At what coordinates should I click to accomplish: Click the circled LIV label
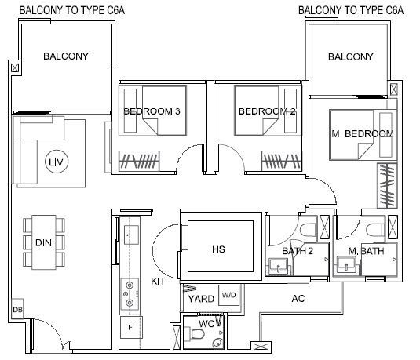pos(57,162)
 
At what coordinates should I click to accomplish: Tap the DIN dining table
pos(44,242)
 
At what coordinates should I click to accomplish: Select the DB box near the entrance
pos(18,309)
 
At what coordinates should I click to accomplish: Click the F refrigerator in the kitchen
pos(130,327)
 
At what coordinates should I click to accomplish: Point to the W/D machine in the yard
pos(229,295)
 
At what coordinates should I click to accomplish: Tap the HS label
pos(218,249)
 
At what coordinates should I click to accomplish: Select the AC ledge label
pos(298,299)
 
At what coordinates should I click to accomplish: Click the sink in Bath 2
pos(279,266)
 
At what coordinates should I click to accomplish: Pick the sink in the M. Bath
pos(347,264)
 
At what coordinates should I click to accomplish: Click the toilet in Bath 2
pos(309,230)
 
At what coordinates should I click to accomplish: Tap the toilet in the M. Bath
pos(375,230)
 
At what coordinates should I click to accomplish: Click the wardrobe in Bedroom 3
pos(139,161)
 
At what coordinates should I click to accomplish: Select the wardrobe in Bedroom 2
pos(282,161)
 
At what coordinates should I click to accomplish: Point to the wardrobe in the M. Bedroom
pos(387,186)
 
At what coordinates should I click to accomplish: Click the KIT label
pos(159,281)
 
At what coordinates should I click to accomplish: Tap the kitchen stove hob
pos(130,294)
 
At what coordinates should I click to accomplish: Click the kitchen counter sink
pos(131,235)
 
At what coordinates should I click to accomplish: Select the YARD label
pos(201,299)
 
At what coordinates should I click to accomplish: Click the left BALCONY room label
pos(66,56)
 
